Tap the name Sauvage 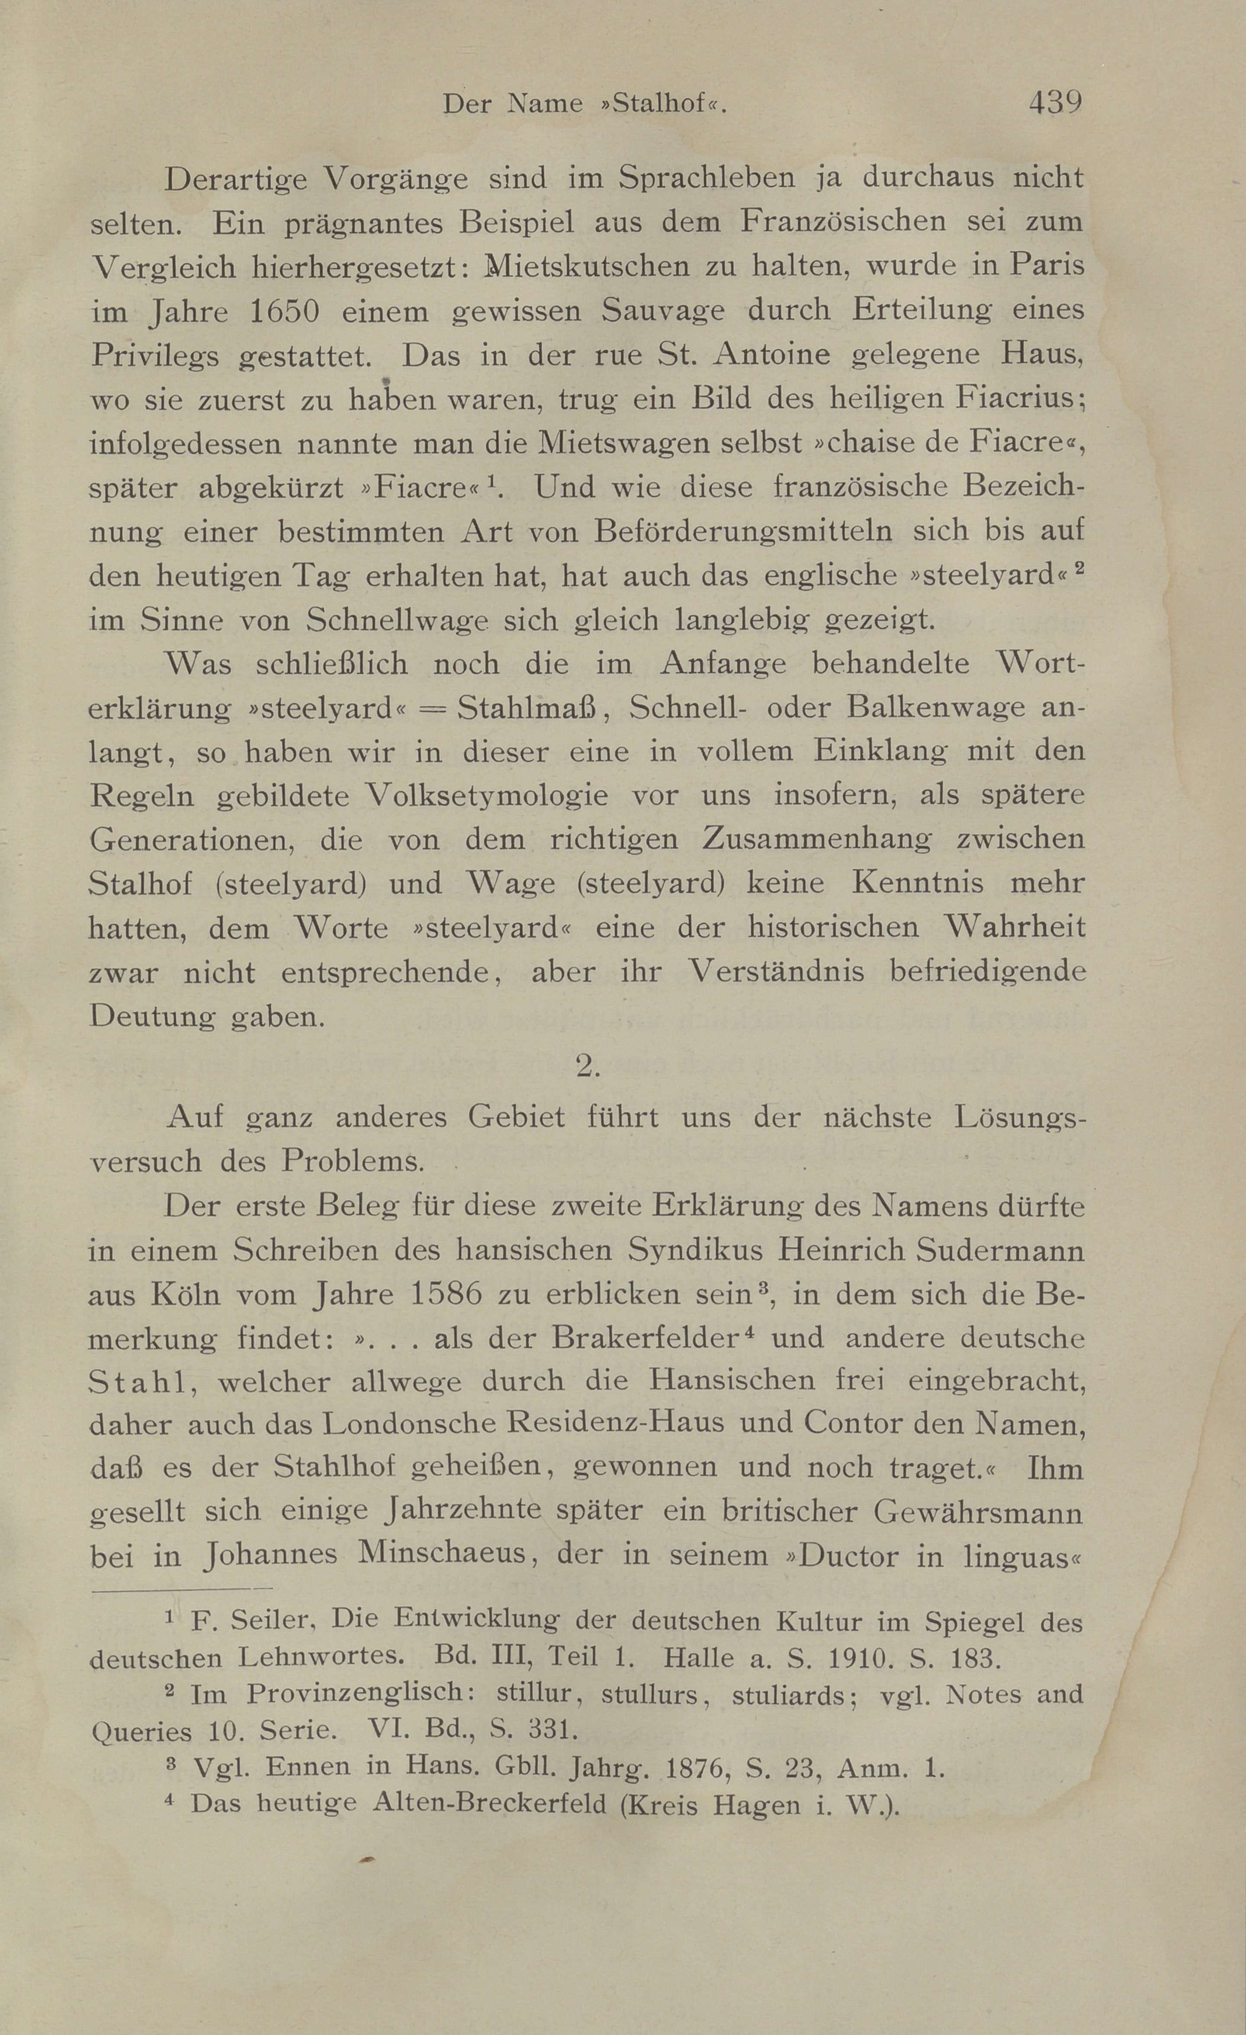pos(663,311)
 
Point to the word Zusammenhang pos(817,839)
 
